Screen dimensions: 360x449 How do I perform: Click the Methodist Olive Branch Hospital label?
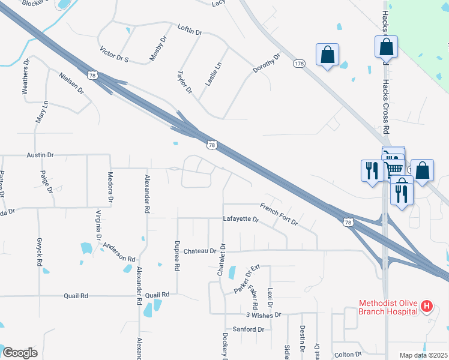click(388, 307)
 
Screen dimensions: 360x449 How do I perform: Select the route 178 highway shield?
click(298, 63)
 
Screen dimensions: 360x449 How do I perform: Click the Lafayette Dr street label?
click(241, 220)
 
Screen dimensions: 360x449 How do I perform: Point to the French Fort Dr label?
click(279, 215)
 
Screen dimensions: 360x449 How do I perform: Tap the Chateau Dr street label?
click(199, 251)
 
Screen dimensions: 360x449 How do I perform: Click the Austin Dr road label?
click(40, 155)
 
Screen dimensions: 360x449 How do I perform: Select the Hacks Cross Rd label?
click(387, 108)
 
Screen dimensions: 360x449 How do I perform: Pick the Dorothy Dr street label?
click(267, 64)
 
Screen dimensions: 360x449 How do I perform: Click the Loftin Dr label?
click(192, 28)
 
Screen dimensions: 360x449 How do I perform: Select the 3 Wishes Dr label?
click(264, 315)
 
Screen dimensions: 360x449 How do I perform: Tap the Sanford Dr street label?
click(249, 329)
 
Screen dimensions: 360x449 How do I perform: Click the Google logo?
click(20, 353)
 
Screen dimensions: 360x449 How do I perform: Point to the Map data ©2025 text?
click(423, 355)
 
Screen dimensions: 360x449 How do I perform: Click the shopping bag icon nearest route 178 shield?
click(327, 55)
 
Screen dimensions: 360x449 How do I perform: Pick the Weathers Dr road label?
click(26, 77)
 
